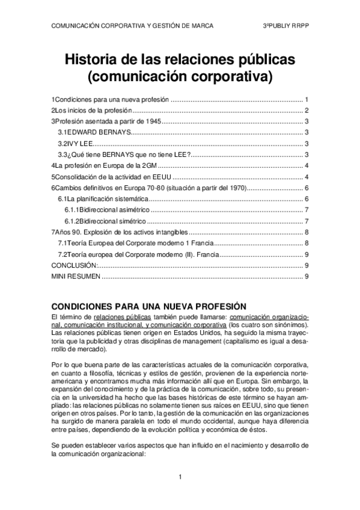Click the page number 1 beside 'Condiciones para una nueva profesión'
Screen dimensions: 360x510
click(x=307, y=99)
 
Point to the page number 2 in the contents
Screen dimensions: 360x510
click(x=307, y=110)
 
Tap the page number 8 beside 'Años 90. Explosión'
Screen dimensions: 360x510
click(x=307, y=232)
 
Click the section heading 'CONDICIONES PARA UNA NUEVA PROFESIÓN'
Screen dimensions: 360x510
click(x=149, y=305)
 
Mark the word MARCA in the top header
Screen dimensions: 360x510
click(x=200, y=26)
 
